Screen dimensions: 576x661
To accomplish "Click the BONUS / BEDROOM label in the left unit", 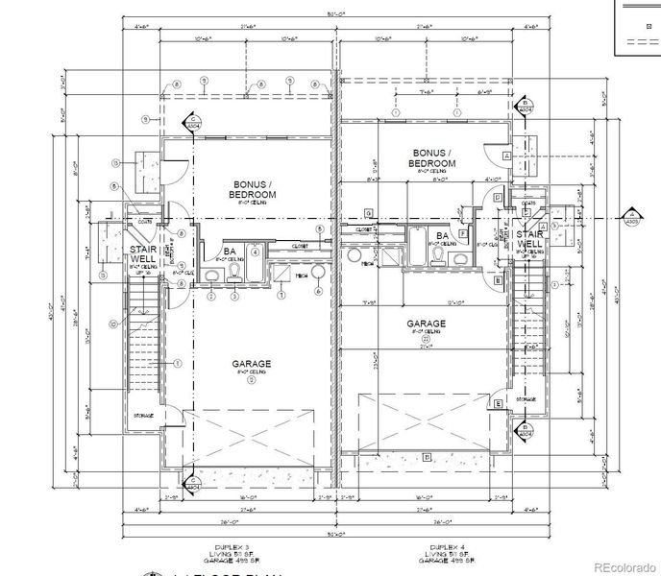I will pos(254,188).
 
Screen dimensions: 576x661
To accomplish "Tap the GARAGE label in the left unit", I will pos(251,365).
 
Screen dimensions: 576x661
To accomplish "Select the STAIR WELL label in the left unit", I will pos(144,253).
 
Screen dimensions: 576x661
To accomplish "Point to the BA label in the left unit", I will pos(231,250).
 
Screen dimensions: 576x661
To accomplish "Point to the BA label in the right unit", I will pos(443,235).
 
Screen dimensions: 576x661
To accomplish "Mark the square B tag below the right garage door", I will pos(427,456).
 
